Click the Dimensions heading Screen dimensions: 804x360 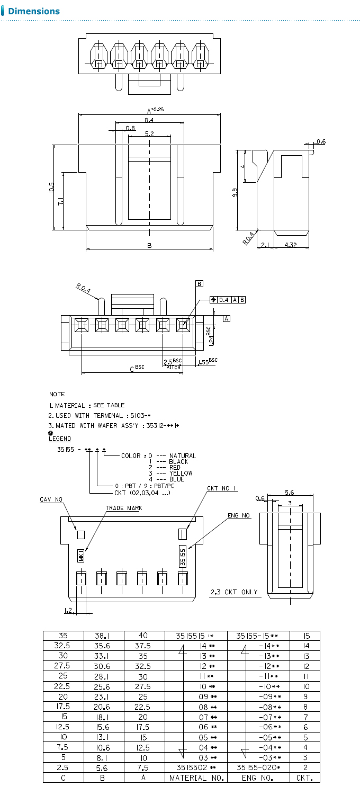tap(34, 11)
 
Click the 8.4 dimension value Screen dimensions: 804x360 tap(149, 121)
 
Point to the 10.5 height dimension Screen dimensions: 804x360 tap(51, 187)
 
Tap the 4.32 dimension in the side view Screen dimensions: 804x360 tap(290, 245)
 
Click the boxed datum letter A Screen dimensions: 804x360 tap(227, 318)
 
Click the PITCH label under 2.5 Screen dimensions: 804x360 tap(173, 367)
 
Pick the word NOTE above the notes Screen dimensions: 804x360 tap(57, 394)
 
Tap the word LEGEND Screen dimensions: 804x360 tap(59, 439)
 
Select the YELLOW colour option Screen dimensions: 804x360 tap(181, 473)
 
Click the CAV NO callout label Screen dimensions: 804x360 tap(51, 499)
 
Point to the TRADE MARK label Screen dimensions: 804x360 tap(123, 508)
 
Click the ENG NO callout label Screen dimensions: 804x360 tap(239, 515)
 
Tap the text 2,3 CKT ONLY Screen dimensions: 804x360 tap(234, 592)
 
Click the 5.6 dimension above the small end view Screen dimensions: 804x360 tap(289, 492)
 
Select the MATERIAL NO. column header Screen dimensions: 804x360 tap(196, 778)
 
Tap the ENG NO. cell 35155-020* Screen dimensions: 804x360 tap(258, 767)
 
